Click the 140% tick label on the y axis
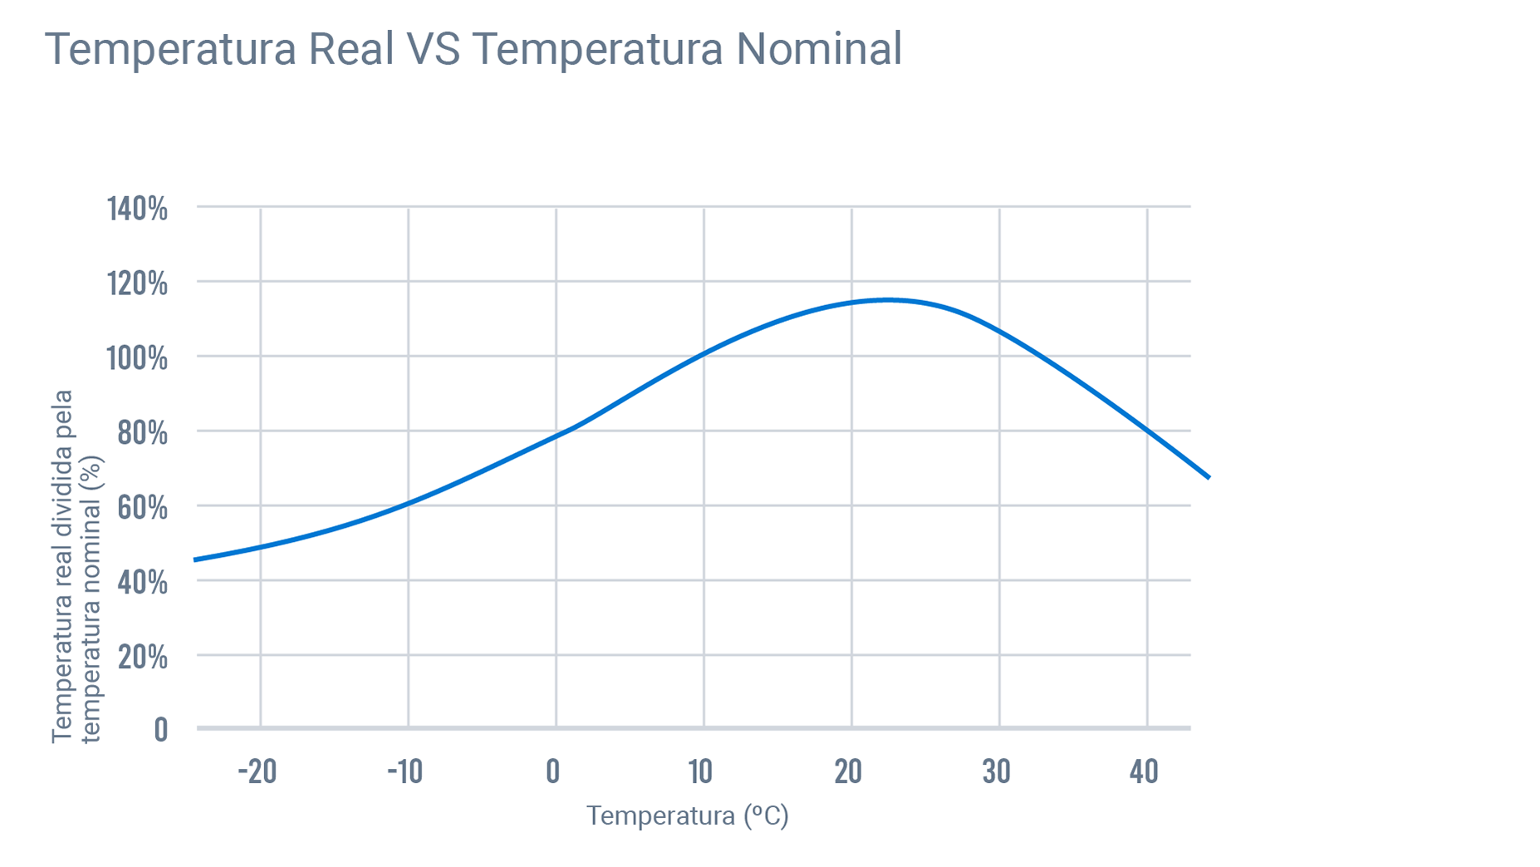point(137,209)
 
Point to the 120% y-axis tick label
point(137,283)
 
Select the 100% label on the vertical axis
point(137,358)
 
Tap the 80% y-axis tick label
point(142,433)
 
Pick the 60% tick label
point(142,507)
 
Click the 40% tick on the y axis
point(142,582)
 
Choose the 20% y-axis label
point(142,657)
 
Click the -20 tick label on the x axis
point(257,771)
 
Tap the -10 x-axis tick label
point(405,771)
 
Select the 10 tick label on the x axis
point(700,771)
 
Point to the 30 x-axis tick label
point(996,771)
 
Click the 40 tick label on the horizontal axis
point(1144,771)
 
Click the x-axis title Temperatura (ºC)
point(687,815)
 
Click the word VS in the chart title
point(433,48)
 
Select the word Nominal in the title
point(818,48)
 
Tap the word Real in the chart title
point(351,48)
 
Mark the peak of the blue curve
point(887,299)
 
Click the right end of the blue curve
point(1209,477)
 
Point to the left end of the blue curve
point(195,559)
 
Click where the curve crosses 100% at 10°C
point(704,354)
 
